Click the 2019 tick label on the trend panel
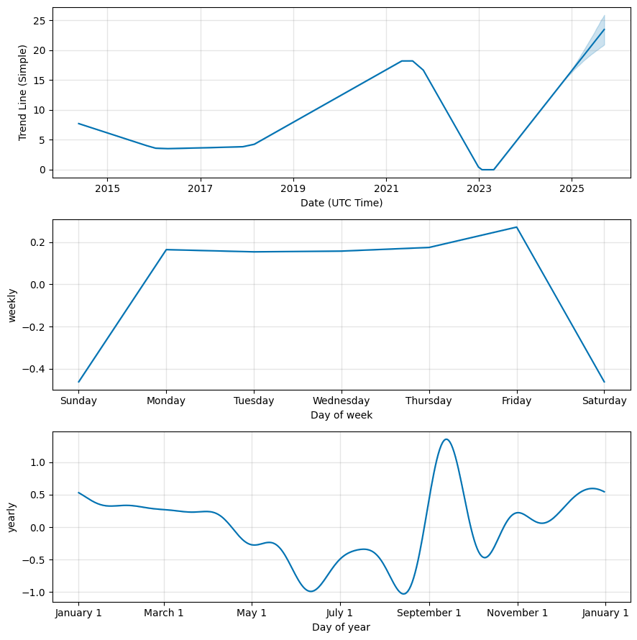(293, 188)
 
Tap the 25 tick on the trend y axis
(40, 21)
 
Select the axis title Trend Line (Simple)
(23, 93)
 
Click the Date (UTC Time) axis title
(342, 203)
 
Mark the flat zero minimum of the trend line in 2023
(487, 170)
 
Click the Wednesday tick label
(342, 401)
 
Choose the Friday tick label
(517, 401)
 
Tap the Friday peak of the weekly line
(517, 227)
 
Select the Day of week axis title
(342, 415)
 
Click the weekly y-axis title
(12, 306)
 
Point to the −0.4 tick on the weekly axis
(35, 369)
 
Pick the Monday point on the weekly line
(167, 250)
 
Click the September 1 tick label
(429, 613)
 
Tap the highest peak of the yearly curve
(446, 439)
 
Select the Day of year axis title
(342, 627)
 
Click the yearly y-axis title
(12, 517)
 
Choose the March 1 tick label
(164, 613)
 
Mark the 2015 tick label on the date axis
(107, 188)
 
